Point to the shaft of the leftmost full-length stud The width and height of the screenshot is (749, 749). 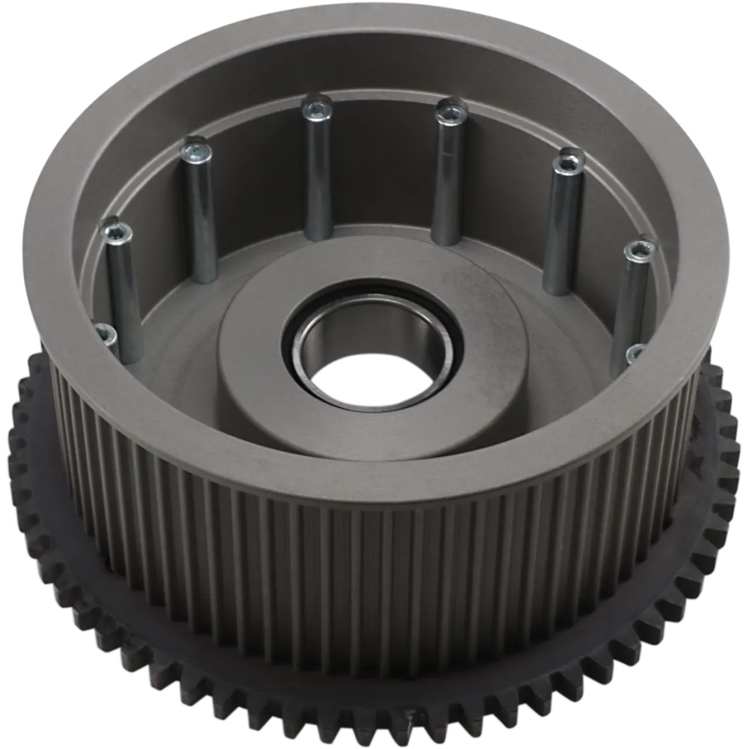(125, 300)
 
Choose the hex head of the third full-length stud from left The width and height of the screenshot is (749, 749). (317, 107)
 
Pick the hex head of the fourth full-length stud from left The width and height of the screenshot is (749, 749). (451, 111)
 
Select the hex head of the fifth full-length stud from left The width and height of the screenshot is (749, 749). (569, 160)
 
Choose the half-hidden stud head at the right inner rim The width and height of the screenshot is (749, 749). (636, 352)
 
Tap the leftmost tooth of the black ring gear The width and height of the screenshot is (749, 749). (13, 449)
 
